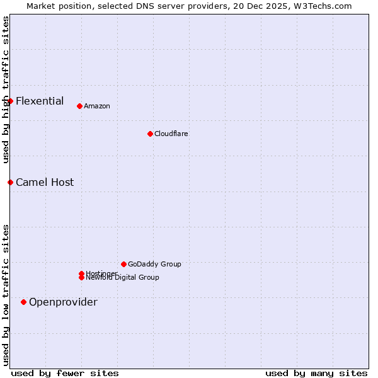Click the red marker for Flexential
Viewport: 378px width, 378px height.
pyautogui.click(x=10, y=101)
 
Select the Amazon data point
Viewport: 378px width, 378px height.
pyautogui.click(x=79, y=106)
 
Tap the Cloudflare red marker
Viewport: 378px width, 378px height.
pyautogui.click(x=150, y=134)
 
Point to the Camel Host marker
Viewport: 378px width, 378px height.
pyautogui.click(x=10, y=182)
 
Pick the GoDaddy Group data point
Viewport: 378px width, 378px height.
pyautogui.click(x=123, y=264)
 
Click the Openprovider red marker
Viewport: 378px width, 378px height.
pyautogui.click(x=23, y=302)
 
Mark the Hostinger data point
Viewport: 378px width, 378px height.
pyautogui.click(x=81, y=273)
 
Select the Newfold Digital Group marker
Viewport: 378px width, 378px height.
pyautogui.click(x=81, y=278)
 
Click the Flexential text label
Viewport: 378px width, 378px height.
pyautogui.click(x=40, y=101)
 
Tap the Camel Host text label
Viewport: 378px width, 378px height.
pyautogui.click(x=45, y=182)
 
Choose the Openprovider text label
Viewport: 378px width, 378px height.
pyautogui.click(x=63, y=302)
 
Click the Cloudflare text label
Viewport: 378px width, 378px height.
pyautogui.click(x=171, y=134)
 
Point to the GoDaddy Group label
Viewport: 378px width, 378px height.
pyautogui.click(x=154, y=264)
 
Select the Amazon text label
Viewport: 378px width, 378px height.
pyautogui.click(x=97, y=106)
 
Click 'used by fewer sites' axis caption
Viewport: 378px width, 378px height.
pyautogui.click(x=65, y=373)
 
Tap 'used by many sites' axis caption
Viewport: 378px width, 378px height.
pyautogui.click(x=316, y=373)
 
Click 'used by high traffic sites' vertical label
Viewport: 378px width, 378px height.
pyautogui.click(x=6, y=89)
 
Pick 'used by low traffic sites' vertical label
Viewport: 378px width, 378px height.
pyautogui.click(x=6, y=295)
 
